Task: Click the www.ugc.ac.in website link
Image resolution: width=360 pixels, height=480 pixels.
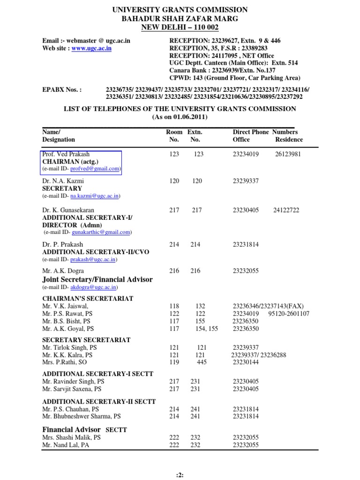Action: [91, 48]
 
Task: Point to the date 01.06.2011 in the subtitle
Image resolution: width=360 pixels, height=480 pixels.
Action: [188, 116]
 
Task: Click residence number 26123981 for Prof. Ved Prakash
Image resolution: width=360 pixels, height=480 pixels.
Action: [288, 154]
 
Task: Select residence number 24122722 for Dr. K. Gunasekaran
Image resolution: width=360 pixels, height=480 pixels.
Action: [286, 210]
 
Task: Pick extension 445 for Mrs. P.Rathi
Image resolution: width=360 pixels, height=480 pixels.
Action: [202, 362]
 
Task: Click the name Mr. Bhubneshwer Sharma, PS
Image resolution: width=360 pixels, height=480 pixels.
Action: [82, 416]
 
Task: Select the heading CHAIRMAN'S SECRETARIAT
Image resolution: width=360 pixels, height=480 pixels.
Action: [88, 299]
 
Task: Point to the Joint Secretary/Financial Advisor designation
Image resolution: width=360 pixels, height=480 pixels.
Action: [97, 279]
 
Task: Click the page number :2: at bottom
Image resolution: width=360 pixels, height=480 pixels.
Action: [180, 474]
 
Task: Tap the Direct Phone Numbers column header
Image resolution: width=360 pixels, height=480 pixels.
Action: [265, 132]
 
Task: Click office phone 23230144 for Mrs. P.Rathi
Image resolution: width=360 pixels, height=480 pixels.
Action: [246, 362]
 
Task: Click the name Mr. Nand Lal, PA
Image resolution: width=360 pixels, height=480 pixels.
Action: [66, 445]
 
